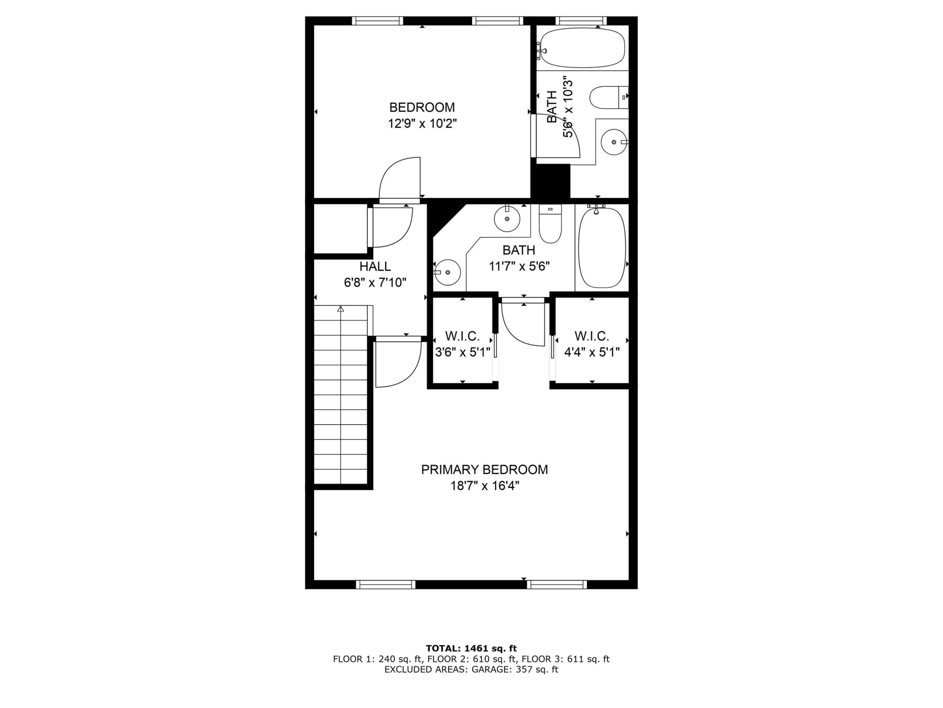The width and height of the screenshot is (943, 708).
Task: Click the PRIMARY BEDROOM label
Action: pyautogui.click(x=484, y=469)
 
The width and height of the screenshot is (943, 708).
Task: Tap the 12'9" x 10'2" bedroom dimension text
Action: pyautogui.click(x=422, y=124)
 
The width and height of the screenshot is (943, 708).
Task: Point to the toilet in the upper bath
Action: pyautogui.click(x=609, y=98)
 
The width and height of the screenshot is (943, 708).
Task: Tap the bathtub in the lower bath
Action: pyautogui.click(x=601, y=247)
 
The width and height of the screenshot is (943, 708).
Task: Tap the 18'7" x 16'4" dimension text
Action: pyautogui.click(x=485, y=486)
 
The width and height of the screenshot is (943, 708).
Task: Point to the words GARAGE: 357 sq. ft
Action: pyautogui.click(x=515, y=670)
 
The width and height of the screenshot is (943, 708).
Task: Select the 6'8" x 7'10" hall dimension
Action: pyautogui.click(x=375, y=283)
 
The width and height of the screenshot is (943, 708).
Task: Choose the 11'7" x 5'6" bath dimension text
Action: pyautogui.click(x=519, y=266)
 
